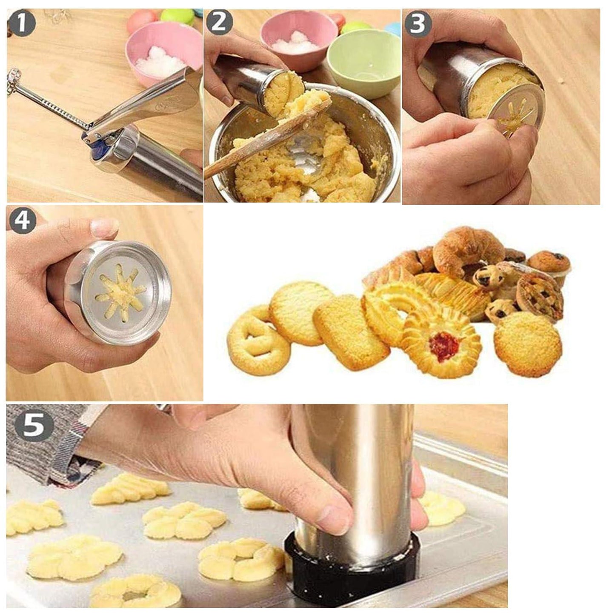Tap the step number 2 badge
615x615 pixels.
pyautogui.click(x=219, y=22)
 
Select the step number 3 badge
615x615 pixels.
pyautogui.click(x=417, y=24)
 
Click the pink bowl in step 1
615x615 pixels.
pyautogui.click(x=162, y=51)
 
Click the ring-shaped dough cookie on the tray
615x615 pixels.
pyautogui.click(x=136, y=592)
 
